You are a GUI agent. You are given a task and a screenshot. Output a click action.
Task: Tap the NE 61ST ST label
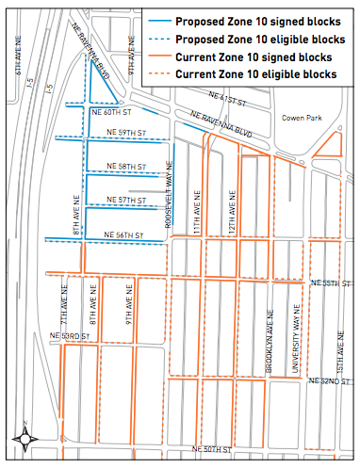click(x=232, y=97)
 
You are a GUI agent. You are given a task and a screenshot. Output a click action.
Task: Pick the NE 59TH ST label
click(x=126, y=133)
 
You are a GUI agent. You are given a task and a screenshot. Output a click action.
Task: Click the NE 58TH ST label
click(x=139, y=167)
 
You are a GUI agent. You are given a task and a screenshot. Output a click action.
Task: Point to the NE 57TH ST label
click(x=137, y=200)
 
